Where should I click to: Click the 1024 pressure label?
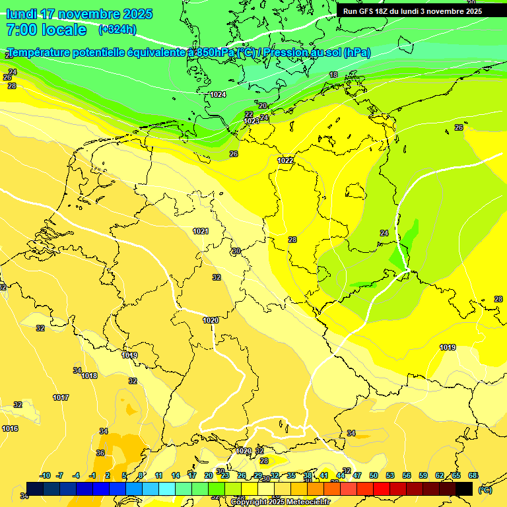pos(218,94)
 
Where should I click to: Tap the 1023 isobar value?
pos(252,121)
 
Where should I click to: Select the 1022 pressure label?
pos(285,160)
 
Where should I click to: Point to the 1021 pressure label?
pos(201,231)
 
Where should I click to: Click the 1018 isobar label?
pos(89,376)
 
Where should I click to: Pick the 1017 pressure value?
pos(61,397)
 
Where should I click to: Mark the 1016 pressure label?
pos(10,428)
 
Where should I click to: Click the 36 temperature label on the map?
pos(100,453)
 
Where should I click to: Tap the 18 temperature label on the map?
pos(333,75)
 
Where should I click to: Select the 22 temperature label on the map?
pos(249,114)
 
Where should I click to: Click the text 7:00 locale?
pos(46,30)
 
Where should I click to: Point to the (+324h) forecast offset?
pos(117,29)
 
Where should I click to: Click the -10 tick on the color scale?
pos(45,475)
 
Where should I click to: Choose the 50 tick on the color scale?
pos(374,475)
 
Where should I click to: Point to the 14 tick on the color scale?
pos(176,475)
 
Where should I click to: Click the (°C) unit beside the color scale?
pos(485,489)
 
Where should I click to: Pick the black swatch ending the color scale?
pos(464,489)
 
